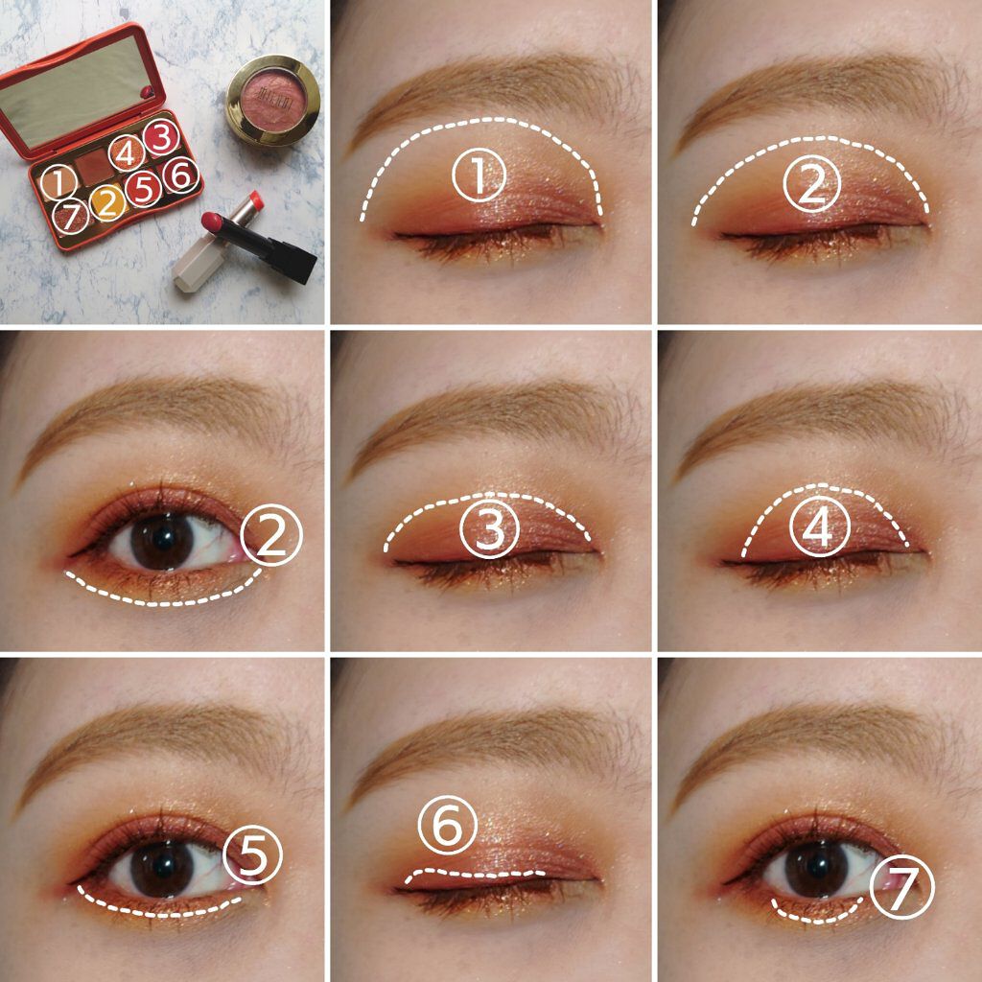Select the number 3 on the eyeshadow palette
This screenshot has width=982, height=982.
click(162, 137)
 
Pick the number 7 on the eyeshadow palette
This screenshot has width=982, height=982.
click(67, 216)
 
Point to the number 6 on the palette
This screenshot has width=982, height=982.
click(181, 175)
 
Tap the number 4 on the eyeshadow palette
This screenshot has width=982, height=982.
click(126, 152)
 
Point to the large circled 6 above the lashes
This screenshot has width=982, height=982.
click(447, 830)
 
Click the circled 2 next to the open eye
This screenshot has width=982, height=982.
click(271, 537)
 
